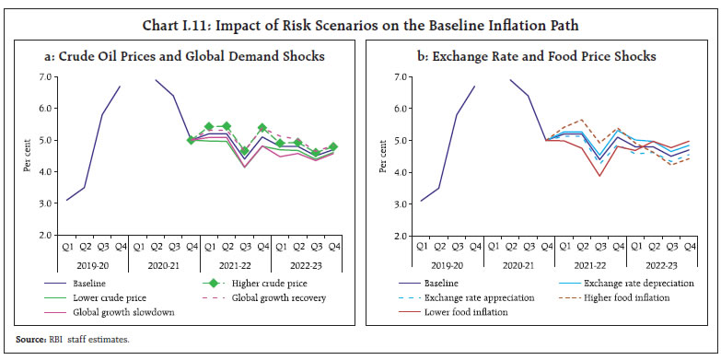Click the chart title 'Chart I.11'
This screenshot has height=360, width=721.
[x=360, y=14]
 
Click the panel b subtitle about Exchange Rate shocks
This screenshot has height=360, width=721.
[x=538, y=56]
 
